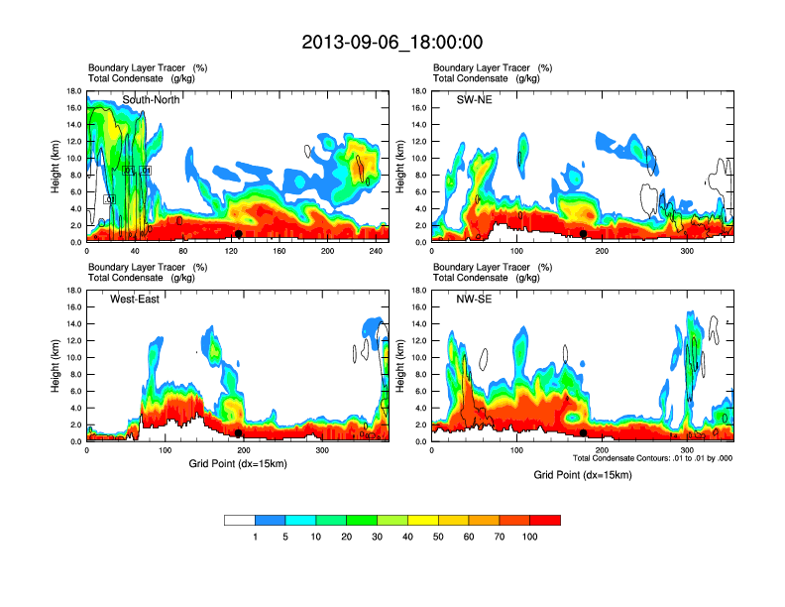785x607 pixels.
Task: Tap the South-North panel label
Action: [x=150, y=100]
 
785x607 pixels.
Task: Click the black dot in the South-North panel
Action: [x=239, y=233]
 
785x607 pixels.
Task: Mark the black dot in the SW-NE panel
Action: [x=584, y=233]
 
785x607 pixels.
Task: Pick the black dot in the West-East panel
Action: [x=239, y=433]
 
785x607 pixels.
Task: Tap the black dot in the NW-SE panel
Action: [x=584, y=433]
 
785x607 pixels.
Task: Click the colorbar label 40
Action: [x=408, y=537]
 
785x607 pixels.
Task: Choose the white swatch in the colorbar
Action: [x=239, y=520]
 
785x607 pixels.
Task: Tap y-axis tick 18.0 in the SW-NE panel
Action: [x=417, y=91]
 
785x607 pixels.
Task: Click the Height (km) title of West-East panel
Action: [x=57, y=366]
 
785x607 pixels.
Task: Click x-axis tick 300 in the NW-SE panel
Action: [x=685, y=451]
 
